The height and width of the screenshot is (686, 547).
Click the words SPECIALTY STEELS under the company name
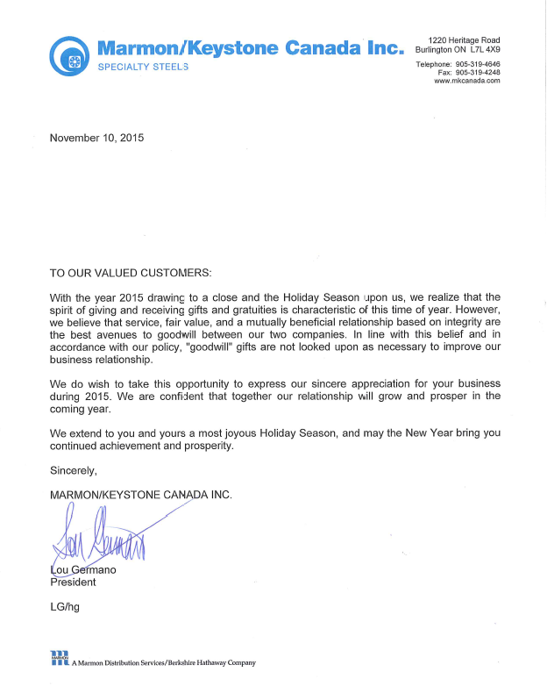click(x=143, y=68)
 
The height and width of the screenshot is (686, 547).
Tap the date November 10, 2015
click(x=96, y=138)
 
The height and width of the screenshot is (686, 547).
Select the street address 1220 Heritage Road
click(x=464, y=40)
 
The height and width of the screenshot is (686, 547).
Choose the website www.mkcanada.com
click(x=466, y=81)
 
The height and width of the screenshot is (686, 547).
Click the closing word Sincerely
click(x=74, y=471)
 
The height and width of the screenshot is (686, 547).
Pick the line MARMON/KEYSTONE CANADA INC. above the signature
click(x=141, y=495)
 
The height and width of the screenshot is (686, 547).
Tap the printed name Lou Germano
click(x=83, y=569)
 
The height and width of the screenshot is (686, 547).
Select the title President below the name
click(x=73, y=582)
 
